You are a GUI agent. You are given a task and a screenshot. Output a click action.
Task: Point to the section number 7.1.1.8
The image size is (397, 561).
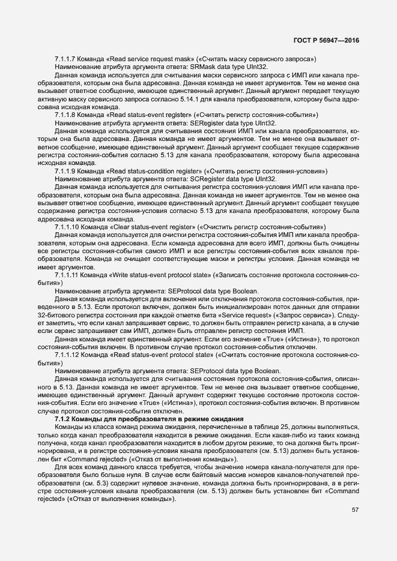click(65, 114)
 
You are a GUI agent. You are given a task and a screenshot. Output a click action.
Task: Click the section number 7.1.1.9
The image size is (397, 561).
click(65, 170)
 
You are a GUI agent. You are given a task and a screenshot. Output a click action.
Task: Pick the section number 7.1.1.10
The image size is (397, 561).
click(66, 227)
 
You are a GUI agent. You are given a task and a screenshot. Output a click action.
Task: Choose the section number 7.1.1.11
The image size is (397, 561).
click(66, 274)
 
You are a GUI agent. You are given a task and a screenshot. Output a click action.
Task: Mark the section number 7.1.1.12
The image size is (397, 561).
click(66, 354)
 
